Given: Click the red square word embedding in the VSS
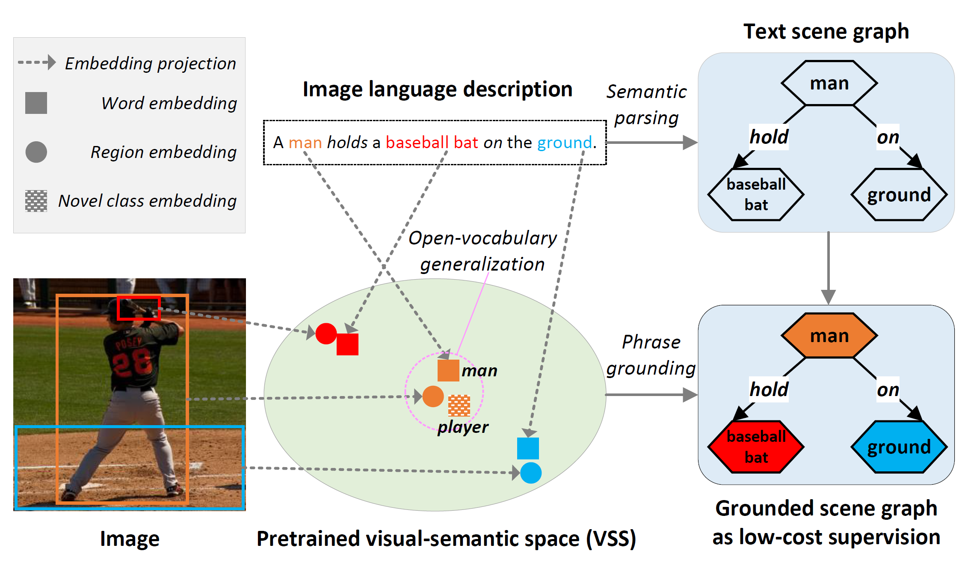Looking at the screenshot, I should coord(347,344).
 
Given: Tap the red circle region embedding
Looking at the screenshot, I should coord(326,334).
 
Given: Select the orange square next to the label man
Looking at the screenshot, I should coord(448,370).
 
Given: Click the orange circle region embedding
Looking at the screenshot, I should coord(433,396).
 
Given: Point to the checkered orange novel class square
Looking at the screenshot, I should coord(459,405).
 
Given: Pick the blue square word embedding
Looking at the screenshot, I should coord(528,448).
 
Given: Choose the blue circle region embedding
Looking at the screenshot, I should coord(531,473).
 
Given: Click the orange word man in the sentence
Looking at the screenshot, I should coord(305,143).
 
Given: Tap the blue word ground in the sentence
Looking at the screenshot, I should coord(564,143).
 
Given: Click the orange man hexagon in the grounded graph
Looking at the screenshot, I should coord(829,336).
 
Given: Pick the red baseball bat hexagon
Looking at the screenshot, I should coord(756,447).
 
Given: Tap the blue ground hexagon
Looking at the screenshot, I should coord(899,447).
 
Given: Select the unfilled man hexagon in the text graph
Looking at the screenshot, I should coord(829,83).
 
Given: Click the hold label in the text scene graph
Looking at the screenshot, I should coord(769,137).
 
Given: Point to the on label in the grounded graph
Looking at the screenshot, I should coord(888,390).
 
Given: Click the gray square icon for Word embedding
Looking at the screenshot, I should coord(36,103).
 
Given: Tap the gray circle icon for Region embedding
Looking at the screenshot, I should coord(36,152).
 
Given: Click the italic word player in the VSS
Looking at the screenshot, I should coord(463,427).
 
